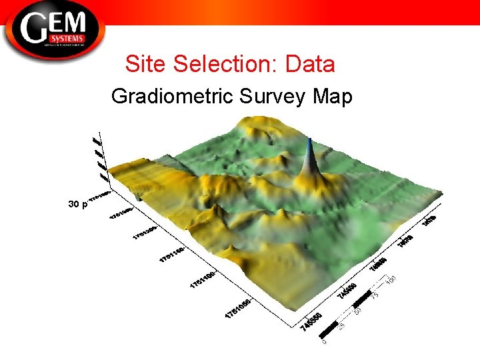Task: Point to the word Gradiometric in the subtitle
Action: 169,97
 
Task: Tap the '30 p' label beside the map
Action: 77,204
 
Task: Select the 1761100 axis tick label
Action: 202,280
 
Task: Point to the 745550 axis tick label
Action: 311,322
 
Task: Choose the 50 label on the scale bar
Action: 359,310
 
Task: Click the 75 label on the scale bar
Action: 375,294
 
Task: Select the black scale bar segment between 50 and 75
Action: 363,298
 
